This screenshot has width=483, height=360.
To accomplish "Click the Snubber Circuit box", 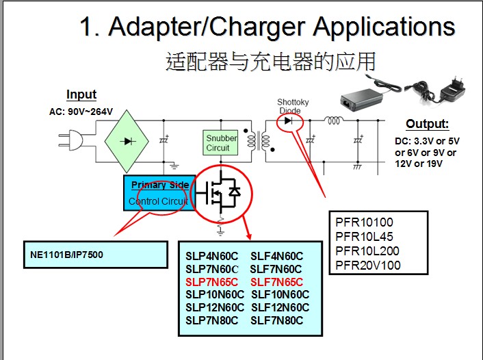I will [222, 143].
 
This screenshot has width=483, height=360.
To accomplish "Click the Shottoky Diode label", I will [293, 106].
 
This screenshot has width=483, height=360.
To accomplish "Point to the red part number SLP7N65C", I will [211, 282].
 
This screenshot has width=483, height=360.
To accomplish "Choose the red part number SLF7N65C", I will [276, 282].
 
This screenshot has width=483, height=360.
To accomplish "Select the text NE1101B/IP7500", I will [66, 255].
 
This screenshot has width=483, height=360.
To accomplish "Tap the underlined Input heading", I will [81, 95].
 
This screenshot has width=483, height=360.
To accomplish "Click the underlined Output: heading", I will [427, 124].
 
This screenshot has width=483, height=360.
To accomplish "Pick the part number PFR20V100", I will [368, 265].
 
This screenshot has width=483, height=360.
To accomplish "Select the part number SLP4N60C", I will [211, 256].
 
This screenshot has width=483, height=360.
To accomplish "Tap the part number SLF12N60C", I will [280, 307].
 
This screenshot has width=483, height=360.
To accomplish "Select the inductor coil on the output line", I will [333, 122].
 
